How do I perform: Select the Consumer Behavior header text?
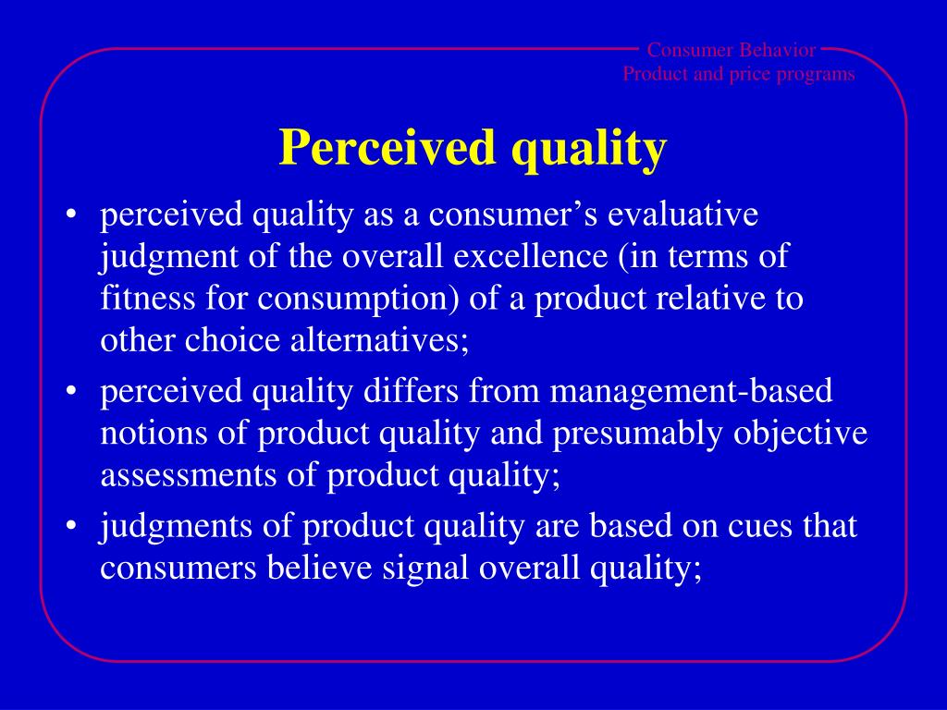732,50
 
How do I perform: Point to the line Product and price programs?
739,74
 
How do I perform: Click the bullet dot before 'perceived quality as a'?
71,216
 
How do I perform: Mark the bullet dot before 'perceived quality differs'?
71,393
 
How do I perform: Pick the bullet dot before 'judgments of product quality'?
71,528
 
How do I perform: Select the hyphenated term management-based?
693,391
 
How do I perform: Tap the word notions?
153,434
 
